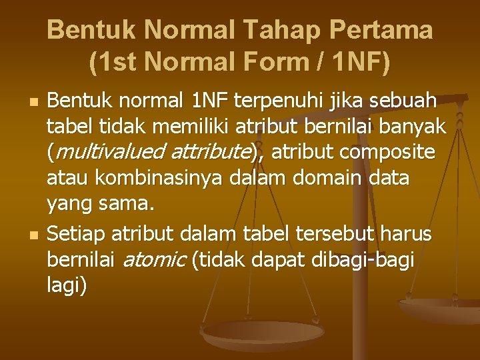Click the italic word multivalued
coord(102,153)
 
